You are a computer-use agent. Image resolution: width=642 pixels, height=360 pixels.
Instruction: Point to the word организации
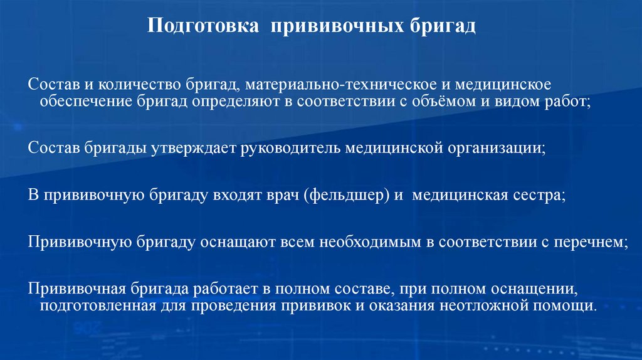[x=495, y=148]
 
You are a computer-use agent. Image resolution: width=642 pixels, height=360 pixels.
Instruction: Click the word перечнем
[x=589, y=243]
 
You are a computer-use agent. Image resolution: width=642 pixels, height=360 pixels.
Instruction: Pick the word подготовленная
[x=97, y=306]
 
